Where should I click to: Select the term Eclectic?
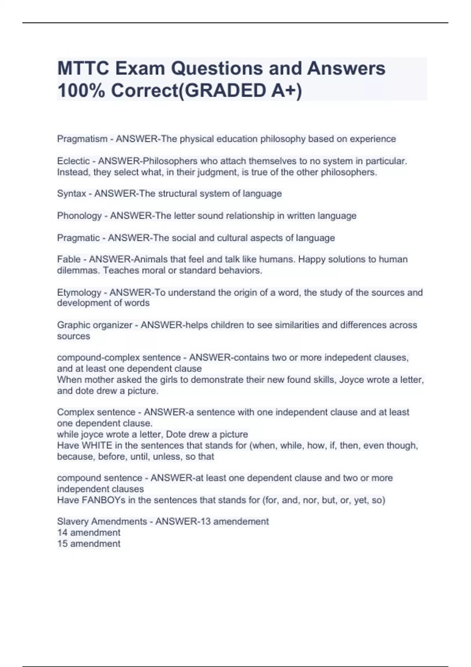(x=73, y=161)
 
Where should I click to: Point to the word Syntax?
(x=71, y=194)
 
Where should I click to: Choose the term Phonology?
(x=79, y=216)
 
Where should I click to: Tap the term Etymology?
(x=79, y=293)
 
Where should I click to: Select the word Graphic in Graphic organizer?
(x=73, y=325)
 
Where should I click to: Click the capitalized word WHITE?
(x=97, y=446)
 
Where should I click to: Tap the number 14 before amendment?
(x=62, y=533)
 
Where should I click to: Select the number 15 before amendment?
(x=62, y=544)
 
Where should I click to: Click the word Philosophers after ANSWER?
(x=170, y=161)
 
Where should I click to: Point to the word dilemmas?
(x=77, y=270)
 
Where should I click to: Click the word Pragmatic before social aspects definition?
(x=78, y=238)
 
